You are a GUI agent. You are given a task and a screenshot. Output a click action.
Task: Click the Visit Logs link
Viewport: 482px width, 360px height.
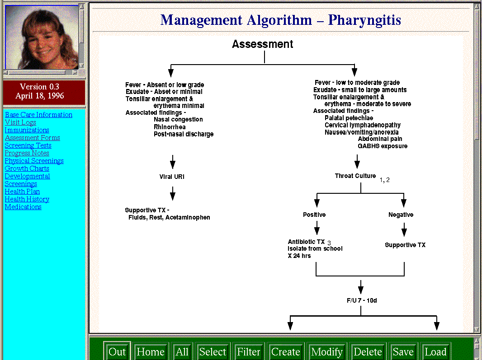point(20,122)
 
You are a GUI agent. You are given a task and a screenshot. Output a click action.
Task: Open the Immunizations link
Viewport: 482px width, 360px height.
point(27,130)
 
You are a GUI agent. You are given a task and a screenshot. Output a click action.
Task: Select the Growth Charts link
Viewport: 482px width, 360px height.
point(27,168)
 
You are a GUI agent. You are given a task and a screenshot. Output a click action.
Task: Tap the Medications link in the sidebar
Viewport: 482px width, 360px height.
point(23,207)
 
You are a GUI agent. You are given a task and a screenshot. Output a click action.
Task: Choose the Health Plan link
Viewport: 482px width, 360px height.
point(22,192)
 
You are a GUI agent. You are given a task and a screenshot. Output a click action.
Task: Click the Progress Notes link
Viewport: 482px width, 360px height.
point(27,153)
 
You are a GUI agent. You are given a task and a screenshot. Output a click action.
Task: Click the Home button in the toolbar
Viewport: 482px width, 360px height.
point(150,352)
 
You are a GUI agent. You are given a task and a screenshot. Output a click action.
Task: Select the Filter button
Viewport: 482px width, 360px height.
point(248,352)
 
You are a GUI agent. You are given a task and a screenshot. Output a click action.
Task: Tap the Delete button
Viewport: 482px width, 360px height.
point(368,352)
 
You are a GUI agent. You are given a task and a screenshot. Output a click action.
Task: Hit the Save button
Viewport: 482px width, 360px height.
point(403,352)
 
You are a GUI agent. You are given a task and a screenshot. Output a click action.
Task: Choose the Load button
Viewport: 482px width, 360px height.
point(435,352)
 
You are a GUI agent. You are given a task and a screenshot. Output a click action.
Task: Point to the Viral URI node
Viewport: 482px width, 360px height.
point(172,177)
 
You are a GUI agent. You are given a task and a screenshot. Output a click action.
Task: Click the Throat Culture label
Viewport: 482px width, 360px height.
point(355,176)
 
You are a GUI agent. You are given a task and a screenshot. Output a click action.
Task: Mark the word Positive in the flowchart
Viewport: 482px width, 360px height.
point(314,215)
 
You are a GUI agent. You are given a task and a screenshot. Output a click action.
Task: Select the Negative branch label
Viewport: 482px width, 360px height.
point(401,215)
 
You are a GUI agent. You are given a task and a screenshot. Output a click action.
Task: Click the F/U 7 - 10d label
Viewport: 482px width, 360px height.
point(362,300)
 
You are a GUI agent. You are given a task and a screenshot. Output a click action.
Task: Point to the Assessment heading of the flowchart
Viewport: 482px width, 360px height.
point(263,44)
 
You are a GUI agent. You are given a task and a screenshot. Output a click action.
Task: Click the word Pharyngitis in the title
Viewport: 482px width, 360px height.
point(364,20)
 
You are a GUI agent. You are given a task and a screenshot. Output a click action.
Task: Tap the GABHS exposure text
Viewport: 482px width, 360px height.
point(383,146)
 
